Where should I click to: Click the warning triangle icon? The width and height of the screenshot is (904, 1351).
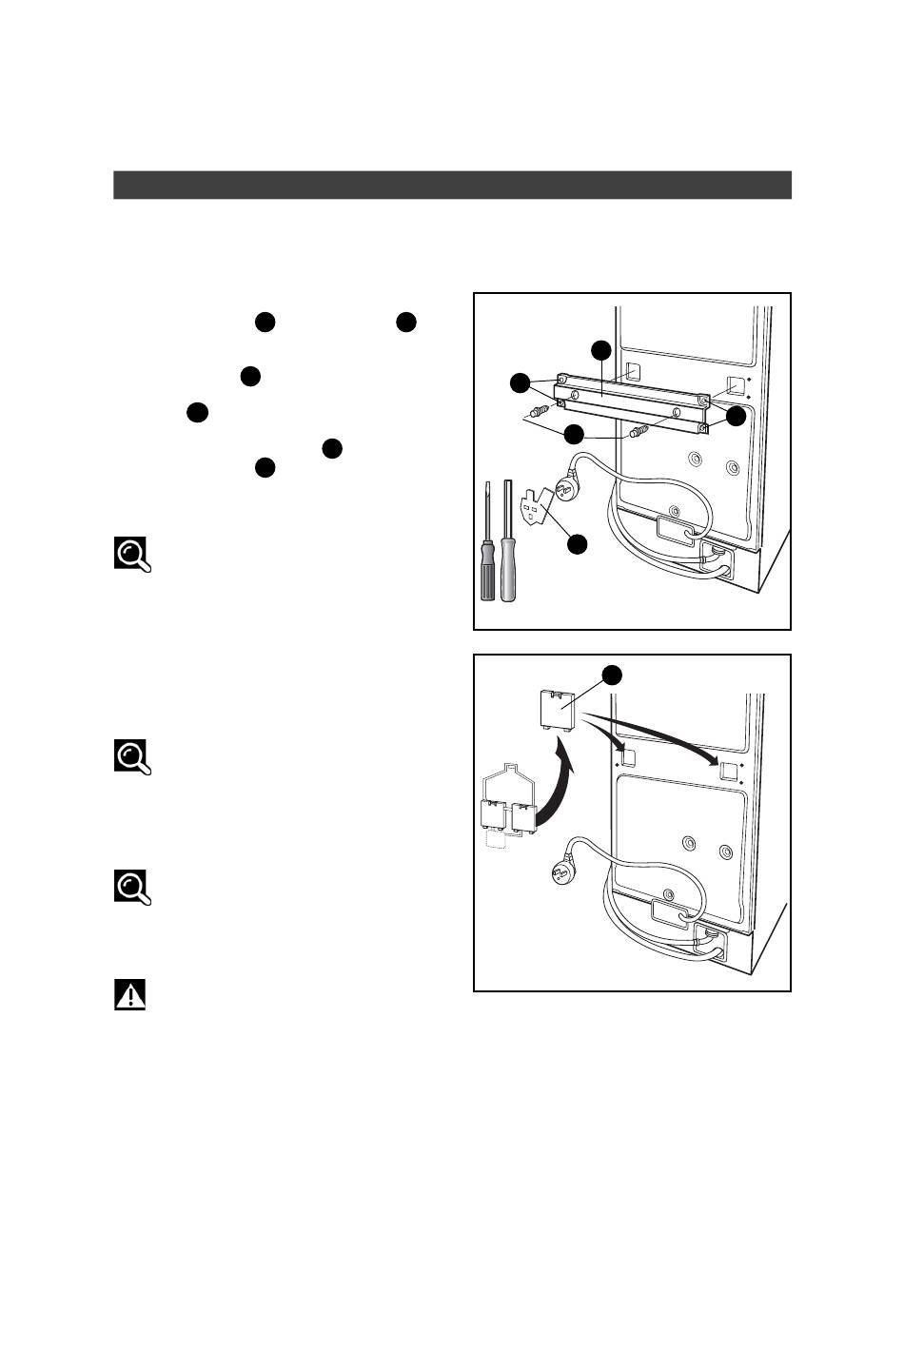pyautogui.click(x=130, y=995)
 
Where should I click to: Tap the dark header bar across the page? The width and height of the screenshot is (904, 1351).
pyautogui.click(x=452, y=185)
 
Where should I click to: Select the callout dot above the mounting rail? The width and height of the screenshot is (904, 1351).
pyautogui.click(x=601, y=349)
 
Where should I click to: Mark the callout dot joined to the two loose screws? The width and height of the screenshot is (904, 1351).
pyautogui.click(x=574, y=435)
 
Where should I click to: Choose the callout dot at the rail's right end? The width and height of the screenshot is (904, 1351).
pyautogui.click(x=736, y=416)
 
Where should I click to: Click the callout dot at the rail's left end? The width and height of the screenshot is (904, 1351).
pyautogui.click(x=520, y=383)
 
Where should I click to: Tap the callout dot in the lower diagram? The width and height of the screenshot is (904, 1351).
pyautogui.click(x=612, y=675)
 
